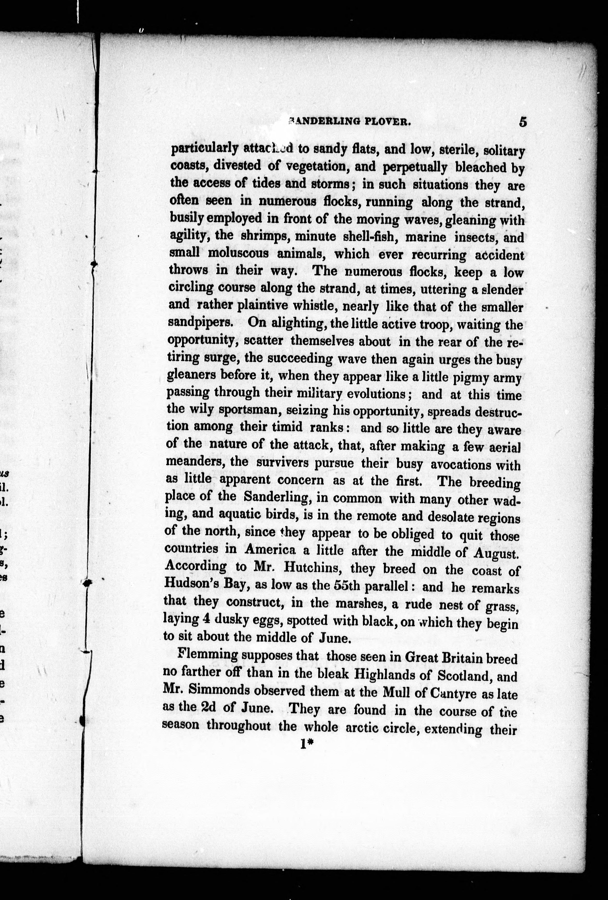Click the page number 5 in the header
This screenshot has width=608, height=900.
click(522, 122)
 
